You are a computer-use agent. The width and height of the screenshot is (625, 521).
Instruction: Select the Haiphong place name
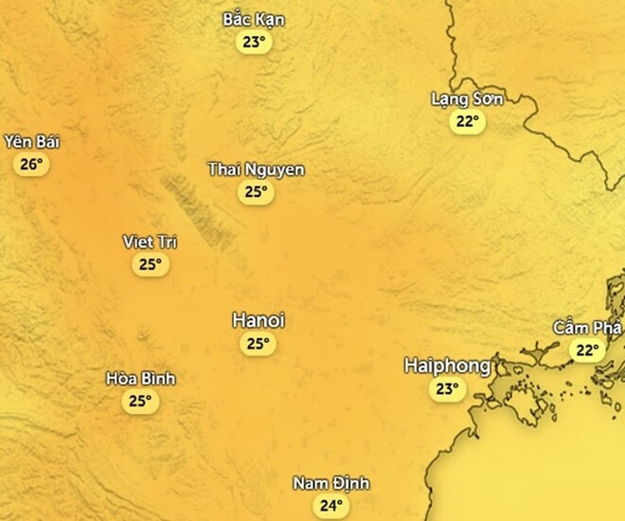click(x=447, y=366)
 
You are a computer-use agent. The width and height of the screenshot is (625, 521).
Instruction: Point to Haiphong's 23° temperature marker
click(x=447, y=388)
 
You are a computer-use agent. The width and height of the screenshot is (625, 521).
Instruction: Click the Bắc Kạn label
click(x=254, y=19)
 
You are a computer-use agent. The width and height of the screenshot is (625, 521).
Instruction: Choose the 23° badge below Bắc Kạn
click(x=254, y=42)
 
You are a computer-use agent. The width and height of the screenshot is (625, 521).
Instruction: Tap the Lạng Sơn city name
click(x=467, y=99)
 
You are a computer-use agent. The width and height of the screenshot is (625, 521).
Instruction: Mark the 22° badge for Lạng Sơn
click(x=467, y=121)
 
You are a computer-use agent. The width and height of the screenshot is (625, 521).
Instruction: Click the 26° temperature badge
click(x=31, y=165)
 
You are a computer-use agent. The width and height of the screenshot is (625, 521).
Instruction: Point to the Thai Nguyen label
click(x=256, y=170)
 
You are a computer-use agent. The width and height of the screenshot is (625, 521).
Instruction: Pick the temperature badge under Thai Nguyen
click(x=256, y=192)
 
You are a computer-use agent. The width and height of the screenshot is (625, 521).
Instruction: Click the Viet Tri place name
click(x=151, y=242)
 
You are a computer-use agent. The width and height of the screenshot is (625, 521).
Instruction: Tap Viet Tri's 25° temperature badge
click(x=151, y=264)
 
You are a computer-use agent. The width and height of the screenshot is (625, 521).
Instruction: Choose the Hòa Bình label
click(x=141, y=379)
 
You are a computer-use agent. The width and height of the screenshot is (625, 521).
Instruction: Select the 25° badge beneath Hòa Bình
click(x=141, y=401)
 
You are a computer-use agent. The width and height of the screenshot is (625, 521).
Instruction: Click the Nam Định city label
click(x=330, y=484)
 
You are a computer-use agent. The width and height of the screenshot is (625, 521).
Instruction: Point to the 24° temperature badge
click(x=330, y=506)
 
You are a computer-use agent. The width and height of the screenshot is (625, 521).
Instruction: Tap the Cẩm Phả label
click(x=587, y=328)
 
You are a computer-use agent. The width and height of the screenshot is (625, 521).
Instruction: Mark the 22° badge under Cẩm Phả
click(x=587, y=350)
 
